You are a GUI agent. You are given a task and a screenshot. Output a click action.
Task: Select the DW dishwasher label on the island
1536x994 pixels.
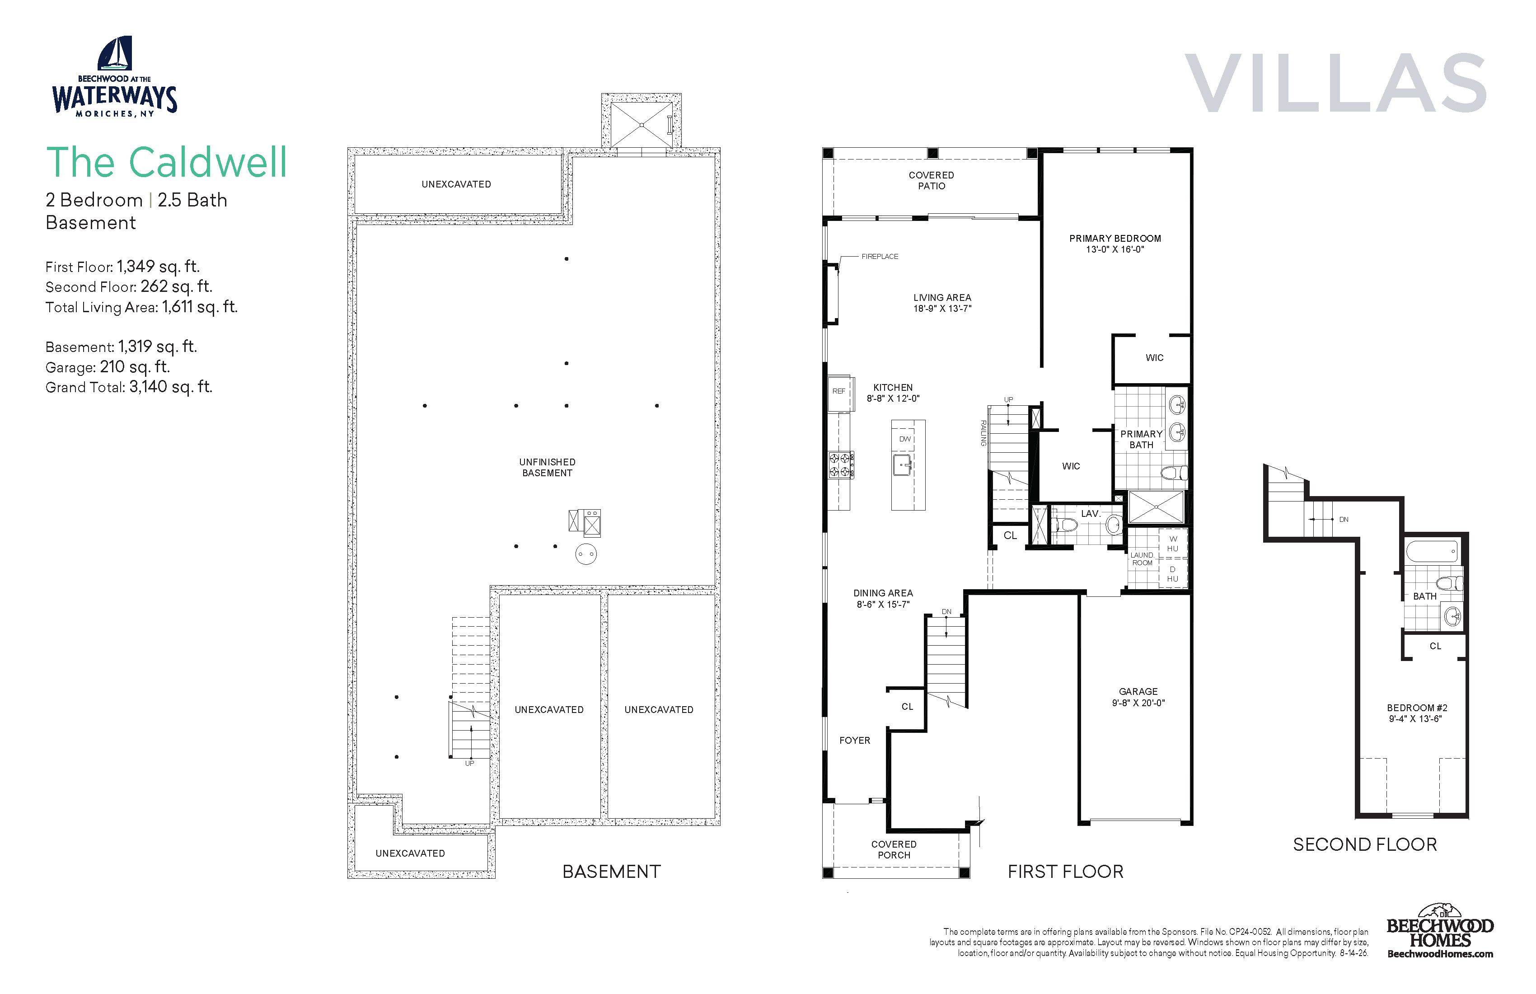[x=905, y=439]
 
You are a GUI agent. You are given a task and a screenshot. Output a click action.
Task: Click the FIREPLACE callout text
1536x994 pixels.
[x=880, y=256]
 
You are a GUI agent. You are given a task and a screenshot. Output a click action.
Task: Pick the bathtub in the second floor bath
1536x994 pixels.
[x=1432, y=551]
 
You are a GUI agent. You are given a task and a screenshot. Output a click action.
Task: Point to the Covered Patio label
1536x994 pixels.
[x=931, y=180]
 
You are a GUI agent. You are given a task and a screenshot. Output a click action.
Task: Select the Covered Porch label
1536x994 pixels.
[x=894, y=849]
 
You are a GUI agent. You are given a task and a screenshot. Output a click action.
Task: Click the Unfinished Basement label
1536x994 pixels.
[x=547, y=467]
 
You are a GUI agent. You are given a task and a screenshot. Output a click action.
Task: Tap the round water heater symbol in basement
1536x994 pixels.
[x=586, y=554]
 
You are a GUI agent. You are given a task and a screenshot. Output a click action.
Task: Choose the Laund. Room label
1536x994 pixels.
[x=1142, y=559]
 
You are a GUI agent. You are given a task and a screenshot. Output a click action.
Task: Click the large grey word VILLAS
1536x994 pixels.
[x=1335, y=83]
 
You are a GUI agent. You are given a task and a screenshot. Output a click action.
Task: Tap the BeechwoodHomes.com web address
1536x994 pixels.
[x=1441, y=954]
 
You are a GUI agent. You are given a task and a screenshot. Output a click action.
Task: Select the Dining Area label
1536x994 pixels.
[x=883, y=598]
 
